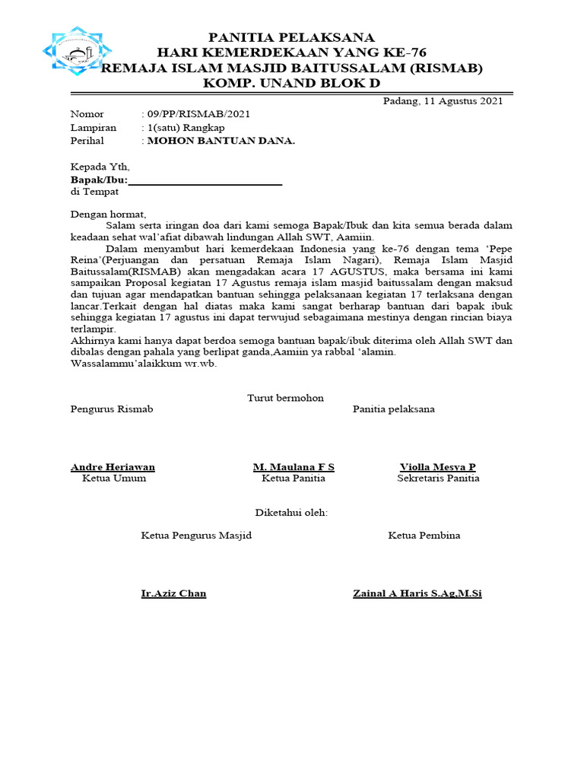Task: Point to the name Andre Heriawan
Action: coord(113,466)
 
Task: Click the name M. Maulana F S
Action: coord(294,466)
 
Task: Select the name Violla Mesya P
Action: coord(438,466)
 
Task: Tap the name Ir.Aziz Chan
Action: coord(173,593)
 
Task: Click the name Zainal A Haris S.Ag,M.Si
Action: coord(417,593)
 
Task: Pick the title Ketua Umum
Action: coord(114,479)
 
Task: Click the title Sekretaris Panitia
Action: coord(438,479)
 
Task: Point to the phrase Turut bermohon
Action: coord(285,398)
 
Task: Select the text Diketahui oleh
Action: coord(291,513)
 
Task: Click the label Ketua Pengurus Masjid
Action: coord(196,536)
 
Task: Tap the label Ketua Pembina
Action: coord(424,536)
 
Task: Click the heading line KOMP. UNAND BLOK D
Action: coord(292,83)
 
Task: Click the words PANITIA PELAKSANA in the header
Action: coord(292,37)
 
